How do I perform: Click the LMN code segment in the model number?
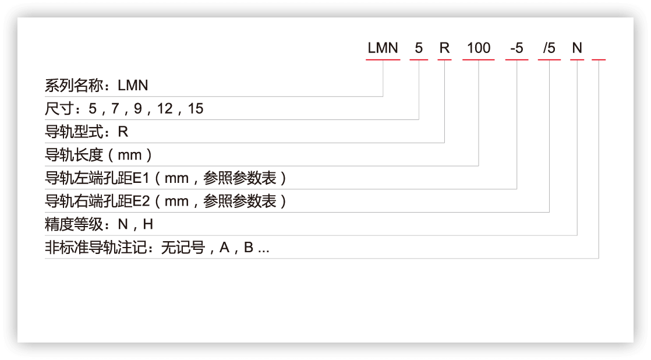pyautogui.click(x=383, y=48)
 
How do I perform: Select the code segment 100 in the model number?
pyautogui.click(x=479, y=48)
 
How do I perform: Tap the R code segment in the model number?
pyautogui.click(x=444, y=48)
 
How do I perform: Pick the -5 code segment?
pyautogui.click(x=516, y=48)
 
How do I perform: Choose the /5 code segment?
pyautogui.click(x=549, y=48)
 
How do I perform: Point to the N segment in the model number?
pyautogui.click(x=577, y=48)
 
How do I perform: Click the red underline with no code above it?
pyautogui.click(x=599, y=59)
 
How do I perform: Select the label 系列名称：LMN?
pyautogui.click(x=97, y=86)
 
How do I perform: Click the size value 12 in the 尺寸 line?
pyautogui.click(x=165, y=109)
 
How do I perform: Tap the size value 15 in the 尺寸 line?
pyautogui.click(x=196, y=109)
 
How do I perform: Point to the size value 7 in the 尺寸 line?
pyautogui.click(x=114, y=109)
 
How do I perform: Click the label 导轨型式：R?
pyautogui.click(x=86, y=132)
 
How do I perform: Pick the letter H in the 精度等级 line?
pyautogui.click(x=148, y=225)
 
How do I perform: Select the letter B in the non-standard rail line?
pyautogui.click(x=248, y=248)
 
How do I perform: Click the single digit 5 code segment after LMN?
pyautogui.click(x=419, y=48)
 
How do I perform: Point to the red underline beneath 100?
pyautogui.click(x=479, y=59)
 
